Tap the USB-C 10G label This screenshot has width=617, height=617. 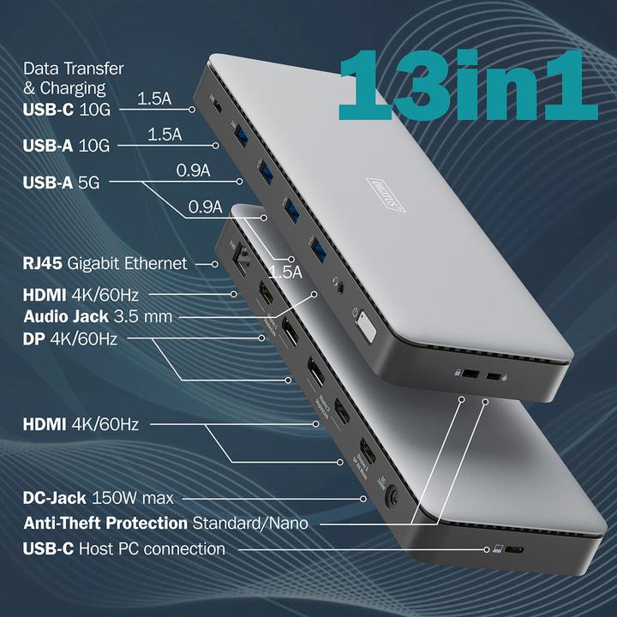tap(67, 109)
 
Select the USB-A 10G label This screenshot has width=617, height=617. tap(67, 145)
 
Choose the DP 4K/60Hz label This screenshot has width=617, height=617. tap(70, 338)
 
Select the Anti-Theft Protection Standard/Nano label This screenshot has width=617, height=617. tap(166, 522)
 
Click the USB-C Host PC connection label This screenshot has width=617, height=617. tap(124, 548)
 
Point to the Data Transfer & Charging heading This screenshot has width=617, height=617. tap(73, 77)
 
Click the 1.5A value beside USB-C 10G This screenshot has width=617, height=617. tap(154, 99)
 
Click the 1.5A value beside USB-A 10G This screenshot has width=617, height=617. tap(165, 135)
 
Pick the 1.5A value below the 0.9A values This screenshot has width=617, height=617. tap(286, 273)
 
